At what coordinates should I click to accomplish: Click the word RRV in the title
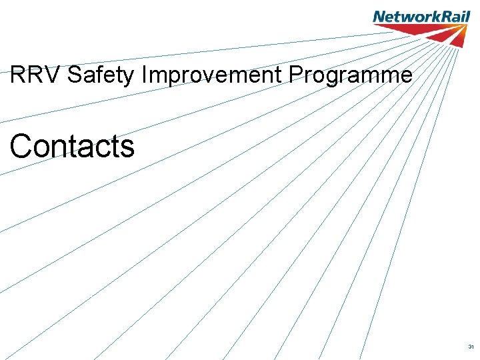point(36,75)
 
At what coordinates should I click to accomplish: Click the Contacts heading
point(72,146)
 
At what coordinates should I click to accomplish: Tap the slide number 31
point(471,347)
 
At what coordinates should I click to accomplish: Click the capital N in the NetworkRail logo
point(379,16)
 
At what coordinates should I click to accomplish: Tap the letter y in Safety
point(130,77)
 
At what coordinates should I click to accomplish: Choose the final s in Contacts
point(127,148)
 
